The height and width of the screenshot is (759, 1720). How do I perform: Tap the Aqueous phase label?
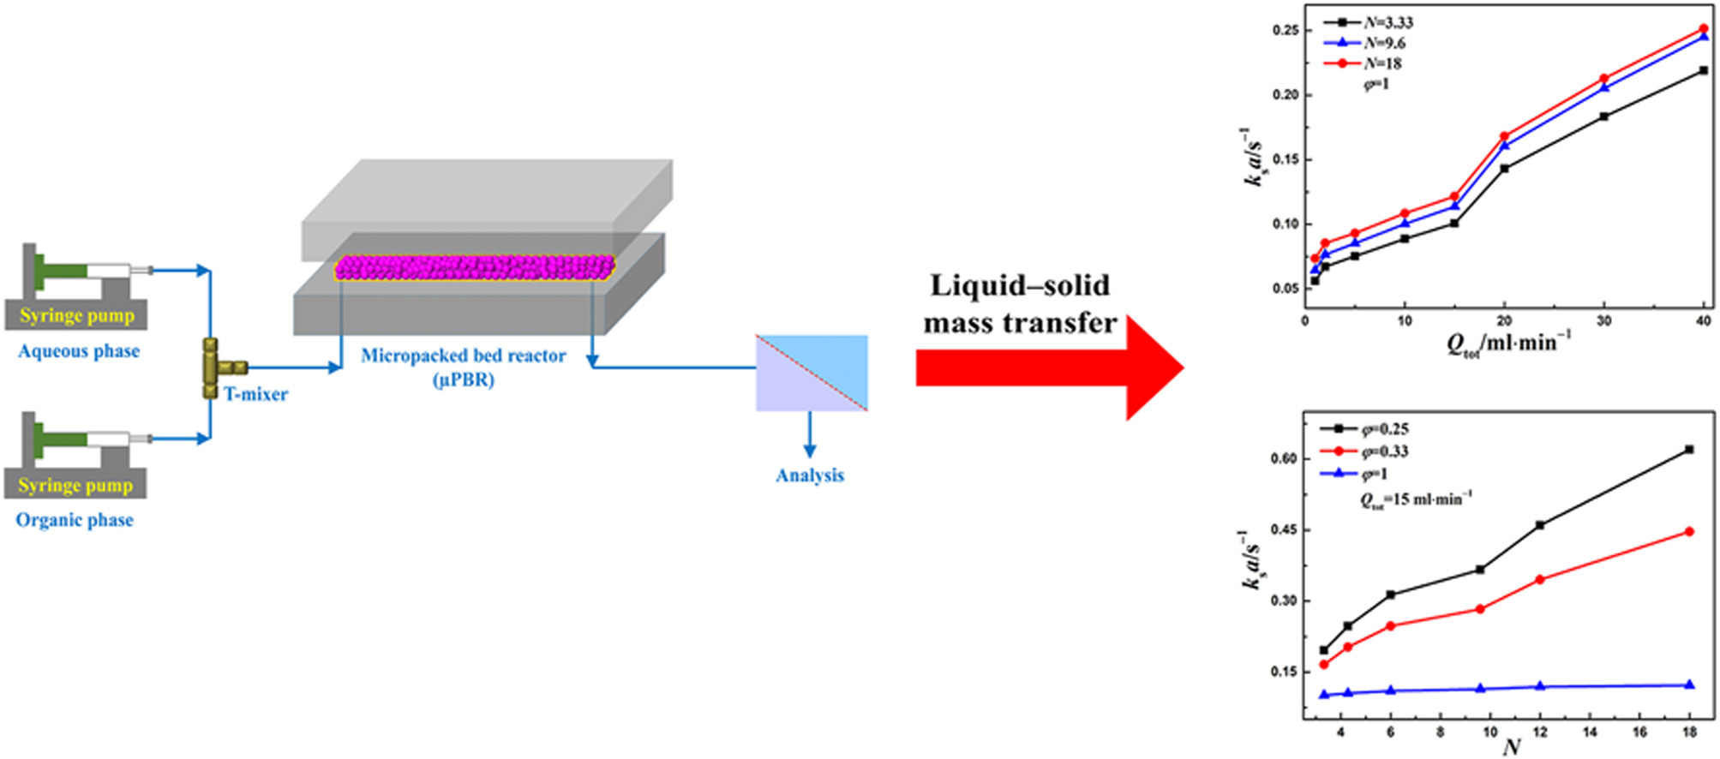tap(79, 351)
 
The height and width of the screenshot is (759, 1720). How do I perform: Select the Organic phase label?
tap(75, 520)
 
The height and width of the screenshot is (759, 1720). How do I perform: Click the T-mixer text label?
tap(255, 394)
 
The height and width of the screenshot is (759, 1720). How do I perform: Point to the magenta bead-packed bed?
tap(474, 268)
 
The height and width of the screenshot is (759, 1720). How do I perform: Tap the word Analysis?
tap(810, 475)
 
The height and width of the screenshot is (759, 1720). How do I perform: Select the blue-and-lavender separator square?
tap(812, 373)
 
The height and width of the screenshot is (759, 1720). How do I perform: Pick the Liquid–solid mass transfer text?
tap(1020, 304)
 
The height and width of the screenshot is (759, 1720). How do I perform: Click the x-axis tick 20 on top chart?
tap(1504, 320)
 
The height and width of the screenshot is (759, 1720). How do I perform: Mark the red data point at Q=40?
tap(1704, 29)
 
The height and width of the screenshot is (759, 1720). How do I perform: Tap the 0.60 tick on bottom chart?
tap(1283, 458)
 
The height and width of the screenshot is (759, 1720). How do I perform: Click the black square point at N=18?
tap(1689, 450)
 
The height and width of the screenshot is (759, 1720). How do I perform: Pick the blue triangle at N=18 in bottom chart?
tap(1689, 684)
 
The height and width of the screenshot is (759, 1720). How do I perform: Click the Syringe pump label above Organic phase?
tap(75, 485)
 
